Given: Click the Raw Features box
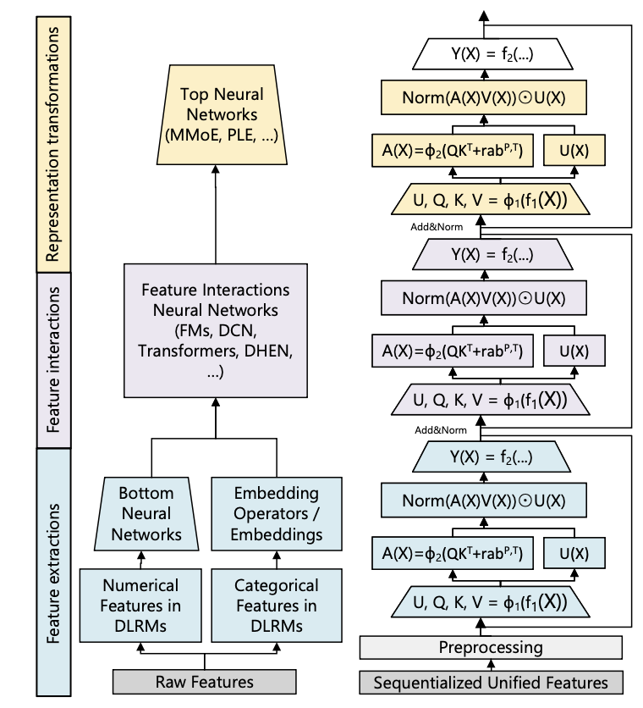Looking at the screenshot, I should click(205, 682).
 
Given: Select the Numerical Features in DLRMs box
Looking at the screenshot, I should click(140, 606).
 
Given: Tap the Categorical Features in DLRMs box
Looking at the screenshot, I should click(276, 606).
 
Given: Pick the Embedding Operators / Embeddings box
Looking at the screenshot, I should click(276, 513).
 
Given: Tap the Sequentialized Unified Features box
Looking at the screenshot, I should click(491, 682).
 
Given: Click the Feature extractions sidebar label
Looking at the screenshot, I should click(54, 558).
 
